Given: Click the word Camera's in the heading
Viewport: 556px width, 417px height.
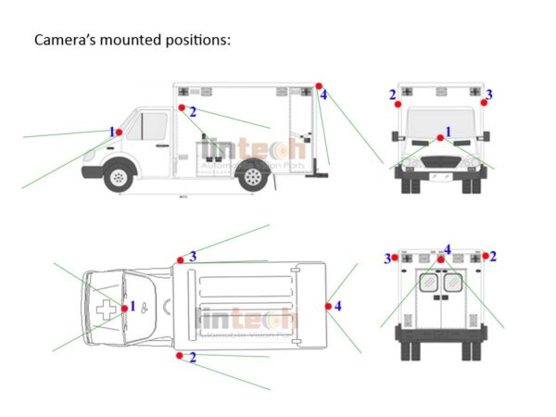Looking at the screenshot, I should click(x=64, y=41).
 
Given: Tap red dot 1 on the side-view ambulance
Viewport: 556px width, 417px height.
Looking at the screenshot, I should click(x=119, y=133).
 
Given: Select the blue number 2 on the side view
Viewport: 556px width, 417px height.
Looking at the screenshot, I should click(x=193, y=112).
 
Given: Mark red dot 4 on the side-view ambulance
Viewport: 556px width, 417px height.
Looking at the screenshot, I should click(x=318, y=87).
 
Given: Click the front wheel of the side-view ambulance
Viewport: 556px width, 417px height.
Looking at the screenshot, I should click(x=119, y=176).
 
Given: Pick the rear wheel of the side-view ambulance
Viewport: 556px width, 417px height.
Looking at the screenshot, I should click(x=251, y=177).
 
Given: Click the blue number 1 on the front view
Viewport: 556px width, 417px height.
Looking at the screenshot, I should click(x=449, y=132).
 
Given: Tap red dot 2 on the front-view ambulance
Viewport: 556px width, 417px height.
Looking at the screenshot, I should click(x=398, y=105).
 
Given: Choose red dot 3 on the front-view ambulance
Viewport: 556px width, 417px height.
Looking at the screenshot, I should click(x=484, y=104).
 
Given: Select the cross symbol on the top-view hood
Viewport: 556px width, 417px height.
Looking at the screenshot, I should click(x=108, y=310).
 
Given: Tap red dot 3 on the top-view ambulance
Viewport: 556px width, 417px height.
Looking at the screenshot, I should click(x=180, y=258).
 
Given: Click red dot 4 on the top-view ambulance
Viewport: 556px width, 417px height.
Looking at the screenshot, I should click(x=328, y=305).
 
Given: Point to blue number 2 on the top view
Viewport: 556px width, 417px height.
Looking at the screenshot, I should click(x=193, y=357).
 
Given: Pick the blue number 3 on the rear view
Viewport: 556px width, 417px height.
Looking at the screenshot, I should click(x=387, y=259).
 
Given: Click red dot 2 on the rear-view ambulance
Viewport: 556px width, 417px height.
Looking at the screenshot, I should click(x=485, y=255).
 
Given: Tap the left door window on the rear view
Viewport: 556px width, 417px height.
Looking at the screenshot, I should click(x=429, y=283).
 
